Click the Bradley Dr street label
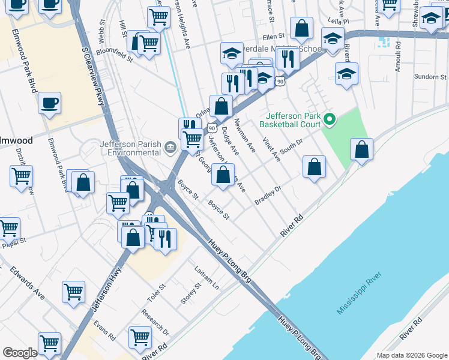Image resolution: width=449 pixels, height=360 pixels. pos(268,196)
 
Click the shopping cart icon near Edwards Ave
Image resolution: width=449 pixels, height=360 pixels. pos(73,292)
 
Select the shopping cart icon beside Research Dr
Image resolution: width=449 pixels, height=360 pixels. pos(140,337)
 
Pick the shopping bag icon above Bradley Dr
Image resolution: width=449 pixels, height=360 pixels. pos(314,167)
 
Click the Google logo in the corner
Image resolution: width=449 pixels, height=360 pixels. pos(20,353)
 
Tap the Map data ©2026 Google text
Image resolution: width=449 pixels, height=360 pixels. pos(411,355)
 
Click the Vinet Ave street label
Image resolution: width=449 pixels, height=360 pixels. pos(271,149)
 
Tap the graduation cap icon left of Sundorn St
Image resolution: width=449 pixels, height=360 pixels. pos(346,74)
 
